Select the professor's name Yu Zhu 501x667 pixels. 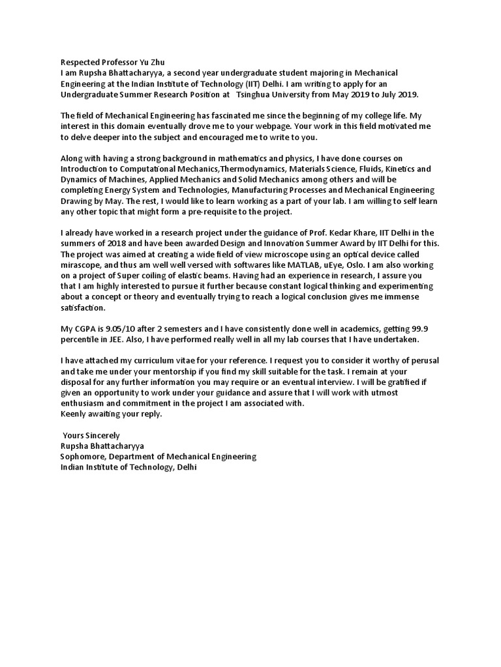(x=144, y=62)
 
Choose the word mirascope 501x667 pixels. (x=82, y=265)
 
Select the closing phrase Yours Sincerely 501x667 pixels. (x=91, y=435)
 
